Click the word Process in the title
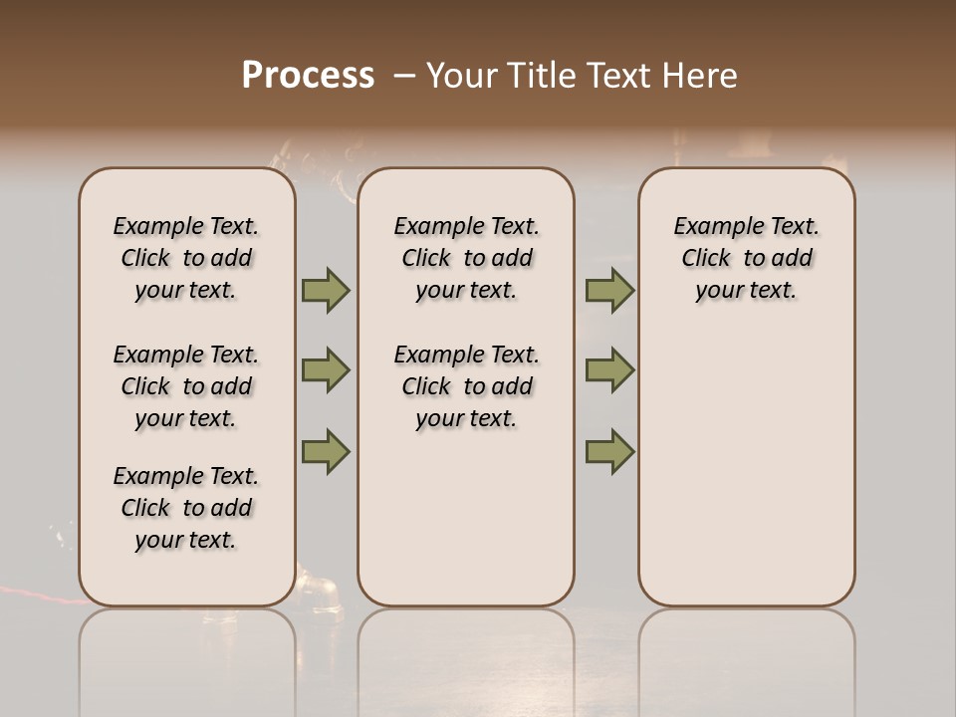click(x=308, y=76)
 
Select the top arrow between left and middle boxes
click(x=326, y=290)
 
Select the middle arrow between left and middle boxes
click(x=326, y=370)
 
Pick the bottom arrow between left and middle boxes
click(x=326, y=451)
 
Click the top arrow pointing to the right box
click(x=609, y=290)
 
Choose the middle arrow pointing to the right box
click(x=609, y=370)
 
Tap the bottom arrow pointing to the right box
click(x=609, y=451)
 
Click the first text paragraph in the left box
click(x=186, y=258)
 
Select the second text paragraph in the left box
click(x=186, y=386)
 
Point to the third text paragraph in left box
click(x=186, y=508)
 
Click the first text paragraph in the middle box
click(x=466, y=258)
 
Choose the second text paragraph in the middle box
click(x=466, y=386)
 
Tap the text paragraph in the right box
click(x=746, y=258)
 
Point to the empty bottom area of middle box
click(x=466, y=528)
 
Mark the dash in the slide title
click(x=402, y=77)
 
